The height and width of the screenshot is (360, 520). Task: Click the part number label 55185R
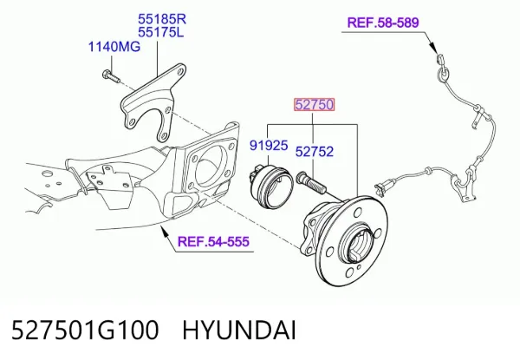pos(162,19)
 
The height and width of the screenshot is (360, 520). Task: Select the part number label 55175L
pos(161,32)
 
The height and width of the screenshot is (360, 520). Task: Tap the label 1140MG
pos(114,47)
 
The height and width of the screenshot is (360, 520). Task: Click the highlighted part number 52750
pos(314,105)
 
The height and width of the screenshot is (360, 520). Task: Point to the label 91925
pos(269,146)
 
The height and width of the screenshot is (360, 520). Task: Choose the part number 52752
pos(315,152)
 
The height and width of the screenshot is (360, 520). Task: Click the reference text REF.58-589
pos(383,23)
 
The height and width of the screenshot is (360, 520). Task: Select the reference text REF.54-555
pos(213,241)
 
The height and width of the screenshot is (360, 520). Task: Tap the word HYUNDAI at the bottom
pos(239,331)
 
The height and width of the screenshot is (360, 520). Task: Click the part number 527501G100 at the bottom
pos(85,331)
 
